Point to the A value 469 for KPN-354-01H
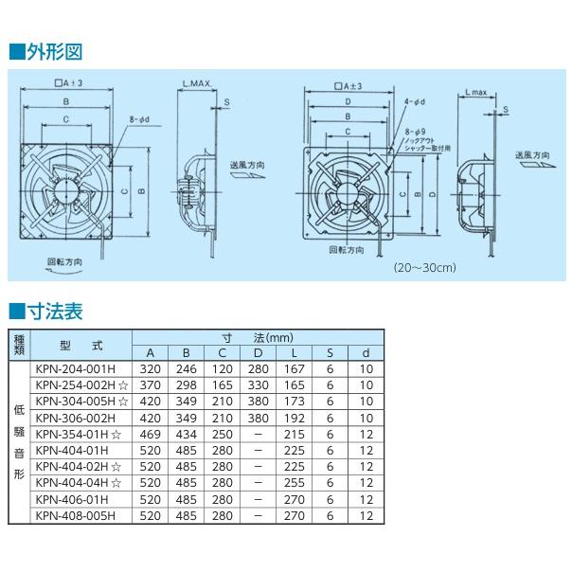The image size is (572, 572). [x=150, y=435]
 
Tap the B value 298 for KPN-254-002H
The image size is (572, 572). [x=186, y=386]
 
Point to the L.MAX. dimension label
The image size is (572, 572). [x=196, y=84]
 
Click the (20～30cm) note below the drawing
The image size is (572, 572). [x=424, y=268]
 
